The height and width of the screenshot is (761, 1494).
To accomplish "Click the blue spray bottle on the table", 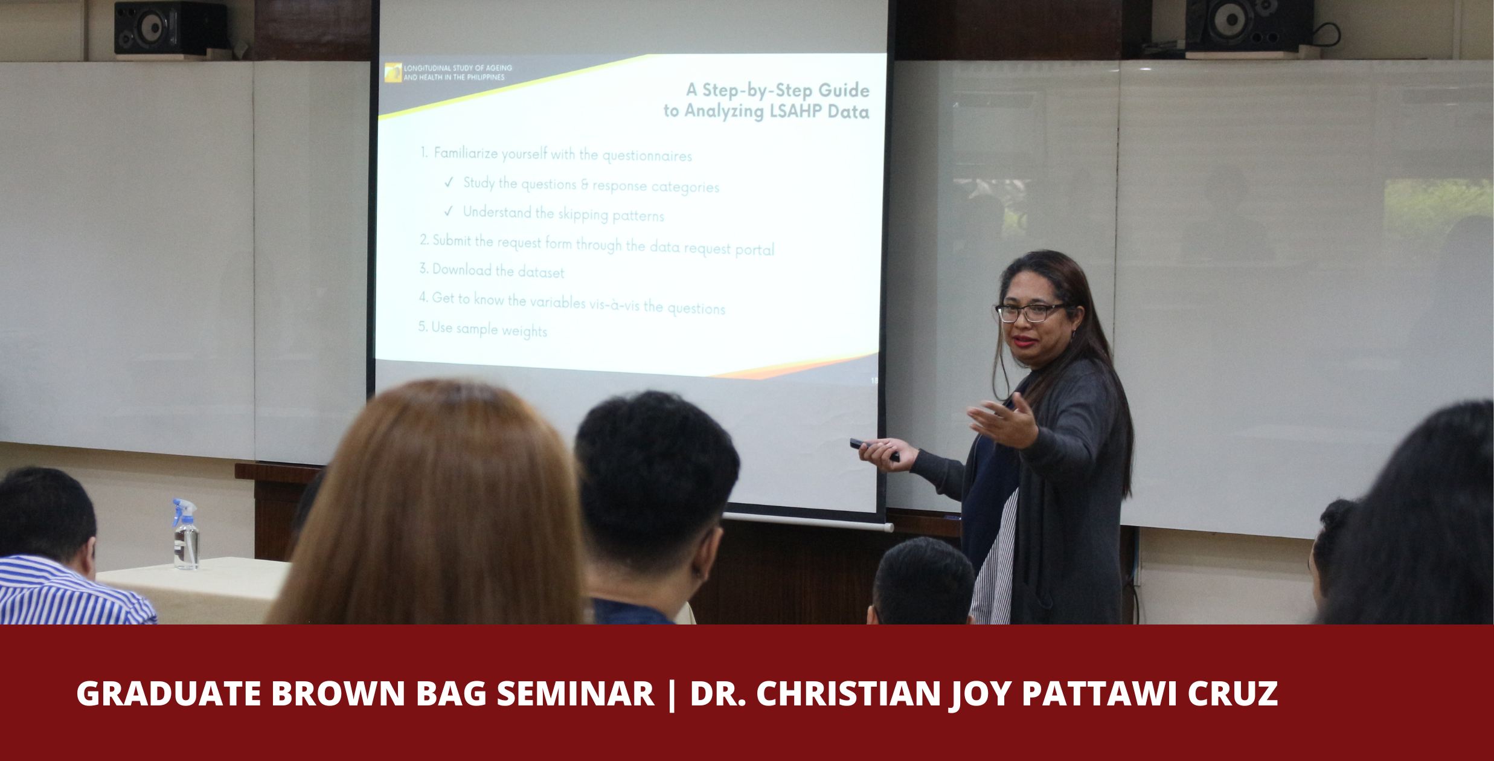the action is pos(186,535).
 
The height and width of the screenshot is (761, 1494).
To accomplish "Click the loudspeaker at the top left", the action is pos(170,28).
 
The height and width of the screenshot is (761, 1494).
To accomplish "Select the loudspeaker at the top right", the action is pos(1249,25).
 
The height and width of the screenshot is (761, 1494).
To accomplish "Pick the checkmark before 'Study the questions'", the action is pos(449,182).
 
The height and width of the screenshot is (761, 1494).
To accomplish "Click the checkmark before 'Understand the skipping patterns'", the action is pos(449,211).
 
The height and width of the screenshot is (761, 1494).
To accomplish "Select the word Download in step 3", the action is pos(462,269).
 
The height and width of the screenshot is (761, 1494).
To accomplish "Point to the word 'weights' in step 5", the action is pos(524,331).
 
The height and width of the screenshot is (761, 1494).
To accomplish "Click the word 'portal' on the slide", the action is pos(754,249).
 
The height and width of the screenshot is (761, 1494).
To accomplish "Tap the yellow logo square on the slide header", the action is pos(393,72).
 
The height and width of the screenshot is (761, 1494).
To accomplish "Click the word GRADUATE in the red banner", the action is pos(168,693).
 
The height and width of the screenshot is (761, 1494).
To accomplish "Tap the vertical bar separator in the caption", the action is pos(672,695).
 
